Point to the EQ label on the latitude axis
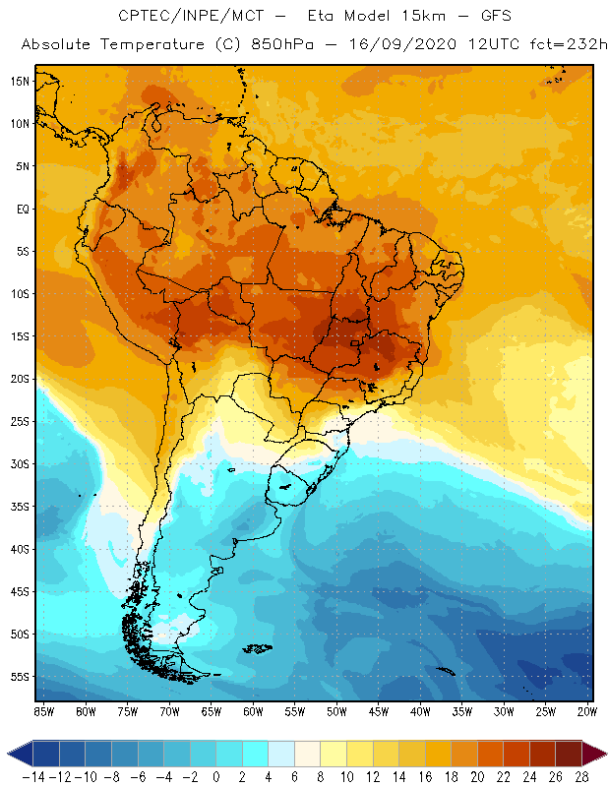point(21,209)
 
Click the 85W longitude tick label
point(43,711)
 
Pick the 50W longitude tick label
point(337,711)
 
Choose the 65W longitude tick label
point(212,711)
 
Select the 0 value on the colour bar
point(216,775)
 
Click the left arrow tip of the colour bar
point(9,753)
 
